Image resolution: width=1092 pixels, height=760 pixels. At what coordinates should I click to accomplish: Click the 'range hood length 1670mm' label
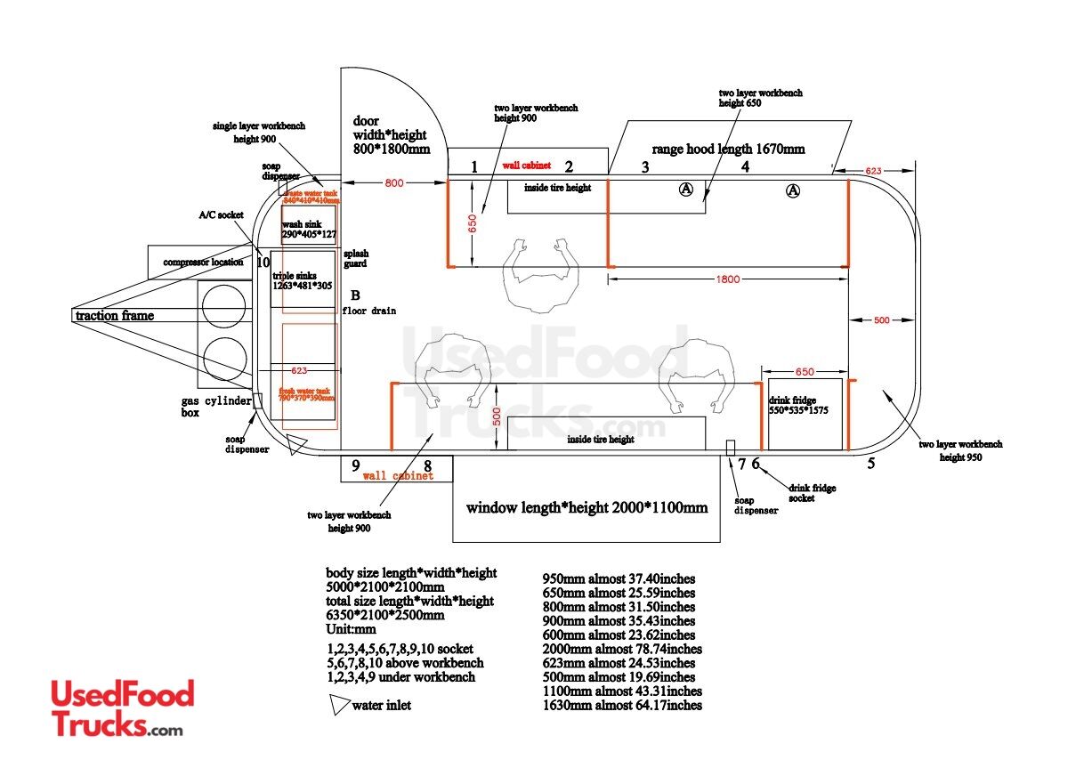[728, 149]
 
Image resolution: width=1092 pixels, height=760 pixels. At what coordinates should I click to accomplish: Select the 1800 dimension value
[728, 279]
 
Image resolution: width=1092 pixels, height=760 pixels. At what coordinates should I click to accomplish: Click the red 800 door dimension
[393, 183]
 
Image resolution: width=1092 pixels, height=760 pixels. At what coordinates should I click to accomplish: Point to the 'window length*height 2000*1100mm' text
[586, 508]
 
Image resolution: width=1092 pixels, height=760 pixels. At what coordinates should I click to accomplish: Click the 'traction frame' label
[114, 315]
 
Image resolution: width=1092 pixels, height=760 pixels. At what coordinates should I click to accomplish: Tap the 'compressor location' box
[202, 263]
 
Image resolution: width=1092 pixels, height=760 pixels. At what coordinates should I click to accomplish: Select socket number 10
[263, 263]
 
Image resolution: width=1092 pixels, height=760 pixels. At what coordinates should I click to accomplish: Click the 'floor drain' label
[368, 311]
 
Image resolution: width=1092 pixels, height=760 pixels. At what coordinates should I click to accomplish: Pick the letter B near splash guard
[354, 295]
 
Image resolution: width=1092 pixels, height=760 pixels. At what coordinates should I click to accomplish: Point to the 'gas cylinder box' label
[215, 408]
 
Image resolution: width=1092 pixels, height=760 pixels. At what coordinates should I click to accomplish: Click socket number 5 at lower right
[870, 463]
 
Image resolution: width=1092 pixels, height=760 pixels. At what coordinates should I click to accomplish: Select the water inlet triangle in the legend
[339, 706]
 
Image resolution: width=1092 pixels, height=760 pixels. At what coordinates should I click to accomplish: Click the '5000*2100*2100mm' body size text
[384, 587]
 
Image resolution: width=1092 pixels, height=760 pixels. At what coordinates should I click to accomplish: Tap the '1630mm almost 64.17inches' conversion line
[622, 706]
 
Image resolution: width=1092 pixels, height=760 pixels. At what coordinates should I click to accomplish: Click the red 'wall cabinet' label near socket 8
[398, 476]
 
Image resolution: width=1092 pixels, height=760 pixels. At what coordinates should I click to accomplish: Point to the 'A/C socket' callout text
[221, 215]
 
